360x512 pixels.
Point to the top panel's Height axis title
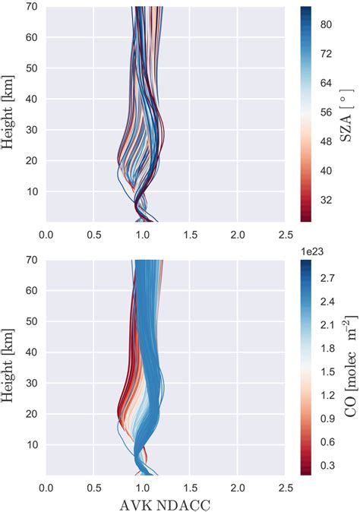(11, 114)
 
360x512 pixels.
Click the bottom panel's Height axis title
(11, 368)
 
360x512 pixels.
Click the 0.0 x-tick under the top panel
(46, 232)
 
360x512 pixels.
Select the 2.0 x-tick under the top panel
(237, 232)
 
